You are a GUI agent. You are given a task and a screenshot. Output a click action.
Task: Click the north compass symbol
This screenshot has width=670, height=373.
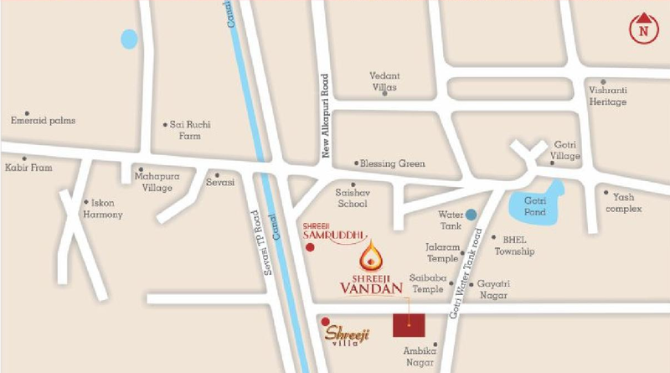tap(642, 28)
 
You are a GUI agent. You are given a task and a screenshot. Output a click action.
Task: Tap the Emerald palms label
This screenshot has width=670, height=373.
tap(43, 121)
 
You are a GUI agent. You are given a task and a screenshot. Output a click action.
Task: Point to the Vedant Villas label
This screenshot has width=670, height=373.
tap(384, 81)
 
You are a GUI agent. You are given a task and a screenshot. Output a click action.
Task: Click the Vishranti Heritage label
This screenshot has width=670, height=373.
tap(607, 96)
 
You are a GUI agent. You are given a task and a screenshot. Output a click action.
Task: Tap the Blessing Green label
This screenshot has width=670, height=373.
tap(393, 164)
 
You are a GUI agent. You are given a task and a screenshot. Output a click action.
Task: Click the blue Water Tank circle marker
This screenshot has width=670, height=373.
tap(472, 215)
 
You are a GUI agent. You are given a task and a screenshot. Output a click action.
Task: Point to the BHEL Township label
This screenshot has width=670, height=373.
tap(514, 245)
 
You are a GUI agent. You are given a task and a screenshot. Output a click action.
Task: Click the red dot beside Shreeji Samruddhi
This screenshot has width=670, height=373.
tap(311, 250)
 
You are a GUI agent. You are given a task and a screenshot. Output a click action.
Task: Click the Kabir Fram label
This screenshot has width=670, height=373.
tap(30, 168)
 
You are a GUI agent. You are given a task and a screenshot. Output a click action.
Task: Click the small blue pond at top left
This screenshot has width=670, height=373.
tap(129, 39)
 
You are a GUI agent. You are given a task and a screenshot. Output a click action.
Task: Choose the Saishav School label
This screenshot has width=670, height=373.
tap(352, 198)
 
